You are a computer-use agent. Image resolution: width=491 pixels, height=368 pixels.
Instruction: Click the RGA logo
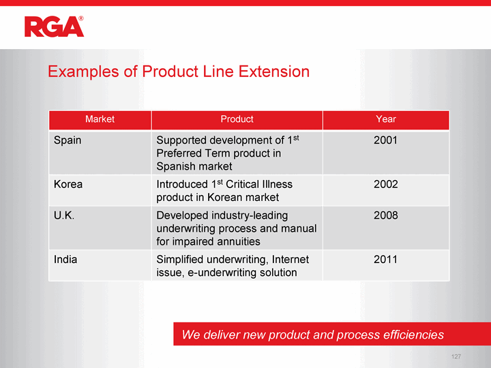tap(54, 27)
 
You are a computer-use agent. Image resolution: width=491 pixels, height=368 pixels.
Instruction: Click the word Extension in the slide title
tap(274, 72)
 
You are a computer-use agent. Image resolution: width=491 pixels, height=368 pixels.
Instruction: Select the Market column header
tap(100, 119)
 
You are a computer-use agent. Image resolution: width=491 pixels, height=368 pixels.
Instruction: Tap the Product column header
tap(237, 119)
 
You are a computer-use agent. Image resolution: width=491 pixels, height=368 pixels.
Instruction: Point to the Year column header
tap(386, 119)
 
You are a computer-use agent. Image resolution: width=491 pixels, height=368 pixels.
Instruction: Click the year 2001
tap(385, 140)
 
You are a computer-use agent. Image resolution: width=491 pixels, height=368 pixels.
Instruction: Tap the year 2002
tap(385, 184)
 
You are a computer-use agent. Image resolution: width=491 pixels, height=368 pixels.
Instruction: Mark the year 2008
tap(385, 215)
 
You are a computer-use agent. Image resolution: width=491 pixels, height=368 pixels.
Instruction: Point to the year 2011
tap(385, 260)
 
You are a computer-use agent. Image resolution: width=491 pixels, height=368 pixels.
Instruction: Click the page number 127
tap(456, 356)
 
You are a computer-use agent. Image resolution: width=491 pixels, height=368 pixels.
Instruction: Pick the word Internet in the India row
tap(291, 260)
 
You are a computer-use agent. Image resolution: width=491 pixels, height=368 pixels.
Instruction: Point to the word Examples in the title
tap(83, 72)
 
